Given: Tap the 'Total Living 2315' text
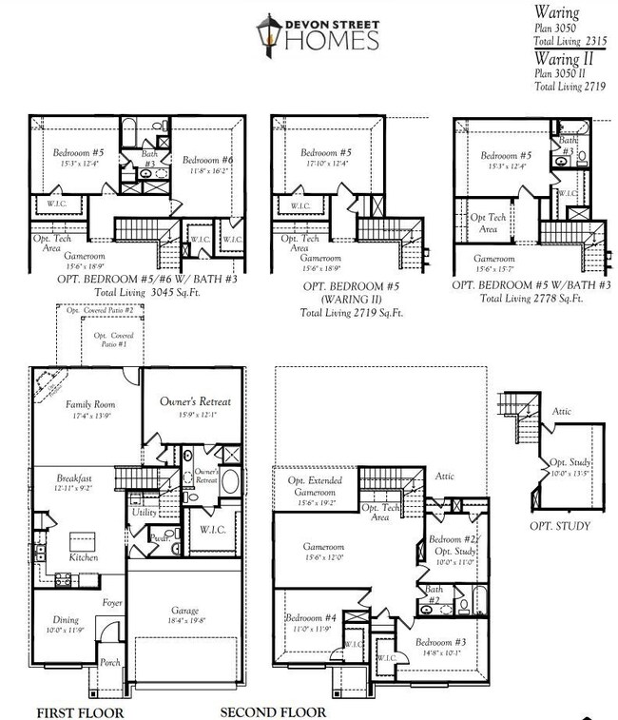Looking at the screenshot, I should [570, 42].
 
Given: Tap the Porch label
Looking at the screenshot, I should [110, 662].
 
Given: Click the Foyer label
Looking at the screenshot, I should [112, 603].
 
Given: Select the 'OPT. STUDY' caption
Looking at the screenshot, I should [560, 526].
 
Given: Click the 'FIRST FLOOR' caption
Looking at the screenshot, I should [80, 711].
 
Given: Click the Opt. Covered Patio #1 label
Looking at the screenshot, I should [114, 340].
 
